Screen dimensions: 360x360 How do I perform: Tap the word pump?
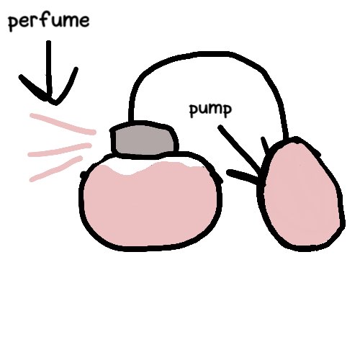210,110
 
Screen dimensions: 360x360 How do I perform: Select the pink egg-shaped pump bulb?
301,194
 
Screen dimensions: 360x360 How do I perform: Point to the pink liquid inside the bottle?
150,204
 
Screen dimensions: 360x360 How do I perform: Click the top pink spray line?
63,124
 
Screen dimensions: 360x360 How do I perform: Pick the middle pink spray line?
60,150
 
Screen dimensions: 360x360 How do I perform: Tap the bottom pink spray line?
56,168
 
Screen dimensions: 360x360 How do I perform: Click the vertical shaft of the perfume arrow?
49,70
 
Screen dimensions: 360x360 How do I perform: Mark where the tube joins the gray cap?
131,121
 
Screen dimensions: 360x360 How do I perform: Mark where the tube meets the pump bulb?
285,138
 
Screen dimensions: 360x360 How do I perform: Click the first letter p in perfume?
13,24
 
